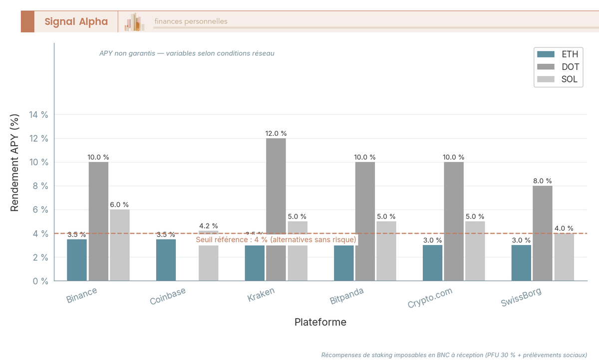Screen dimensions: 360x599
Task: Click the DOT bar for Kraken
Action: point(276,209)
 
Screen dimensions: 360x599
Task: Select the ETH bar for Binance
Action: point(77,260)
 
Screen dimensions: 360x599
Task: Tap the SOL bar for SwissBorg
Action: point(564,257)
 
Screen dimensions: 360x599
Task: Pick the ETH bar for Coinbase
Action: point(166,260)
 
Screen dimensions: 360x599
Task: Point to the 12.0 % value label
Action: point(276,134)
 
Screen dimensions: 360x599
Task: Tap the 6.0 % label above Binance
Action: point(119,205)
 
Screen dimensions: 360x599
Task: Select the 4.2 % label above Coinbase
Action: point(208,226)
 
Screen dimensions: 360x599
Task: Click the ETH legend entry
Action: point(558,54)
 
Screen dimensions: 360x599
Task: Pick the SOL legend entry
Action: point(558,79)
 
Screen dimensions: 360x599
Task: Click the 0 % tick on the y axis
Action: point(40,281)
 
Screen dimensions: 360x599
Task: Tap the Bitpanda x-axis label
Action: point(347,296)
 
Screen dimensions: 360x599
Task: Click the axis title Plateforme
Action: point(320,322)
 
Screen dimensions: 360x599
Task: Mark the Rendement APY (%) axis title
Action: point(15,162)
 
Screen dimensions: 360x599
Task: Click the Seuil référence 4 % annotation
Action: point(276,240)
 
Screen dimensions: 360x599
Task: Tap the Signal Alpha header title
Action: point(76,21)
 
